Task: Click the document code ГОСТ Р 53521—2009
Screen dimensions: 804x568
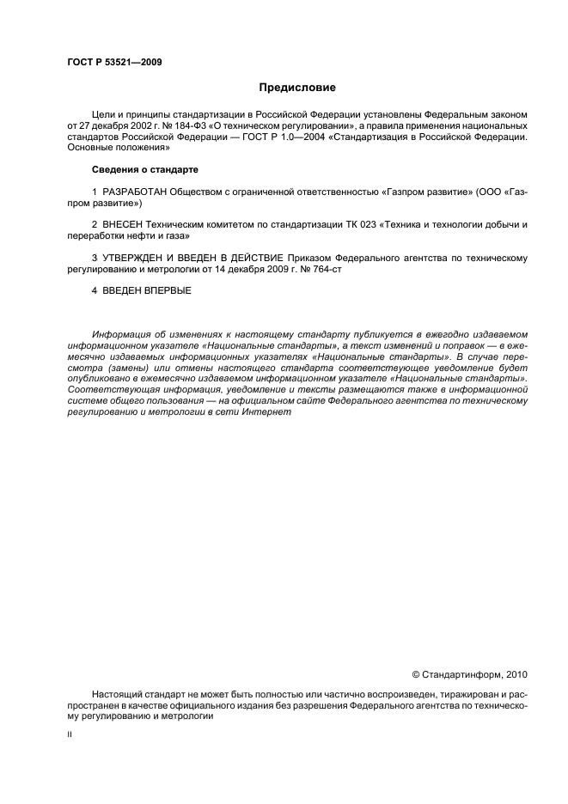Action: point(114,62)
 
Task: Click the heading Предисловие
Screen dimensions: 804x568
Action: point(297,88)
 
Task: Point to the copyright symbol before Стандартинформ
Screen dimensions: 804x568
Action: point(416,674)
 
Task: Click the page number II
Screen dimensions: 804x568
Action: point(69,735)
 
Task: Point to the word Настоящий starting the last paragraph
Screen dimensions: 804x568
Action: point(117,692)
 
